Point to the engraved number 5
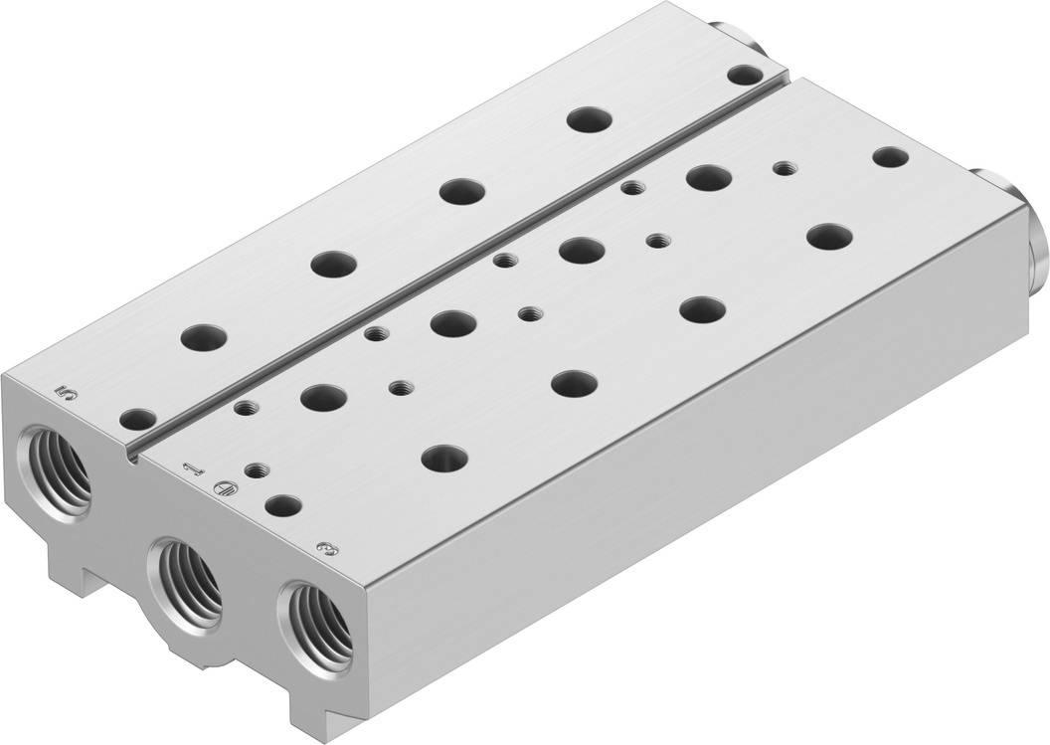[x=68, y=394]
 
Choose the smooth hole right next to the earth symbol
[x=282, y=504]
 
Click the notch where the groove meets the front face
[x=131, y=456]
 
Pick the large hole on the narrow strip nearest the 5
[x=204, y=334]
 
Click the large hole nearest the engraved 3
[x=444, y=458]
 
